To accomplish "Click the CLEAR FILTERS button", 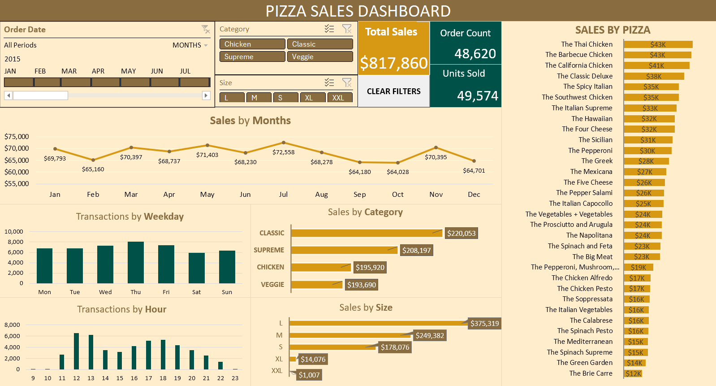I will pos(393,91).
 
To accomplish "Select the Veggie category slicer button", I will pos(319,57).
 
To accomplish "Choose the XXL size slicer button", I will pos(340,98).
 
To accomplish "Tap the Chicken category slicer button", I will pos(252,44).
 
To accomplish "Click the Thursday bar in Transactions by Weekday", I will pos(136,262).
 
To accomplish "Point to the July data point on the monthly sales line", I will pos(284,143).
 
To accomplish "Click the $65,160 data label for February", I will pos(93,169).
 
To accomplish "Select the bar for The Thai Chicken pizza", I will pos(658,44).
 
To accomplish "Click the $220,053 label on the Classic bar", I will pos(461,233).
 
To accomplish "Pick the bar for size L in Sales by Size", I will pos(379,323).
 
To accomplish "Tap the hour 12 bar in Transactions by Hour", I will pos(77,351).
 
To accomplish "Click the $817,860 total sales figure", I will pos(394,63).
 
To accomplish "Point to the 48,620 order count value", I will pos(475,54).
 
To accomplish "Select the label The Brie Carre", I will pos(591,373).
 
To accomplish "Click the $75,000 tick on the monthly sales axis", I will pos(17,137).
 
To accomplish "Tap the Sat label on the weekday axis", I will pos(196,292).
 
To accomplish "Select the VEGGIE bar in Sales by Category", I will pos(317,284).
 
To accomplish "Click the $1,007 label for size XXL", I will pos(309,375).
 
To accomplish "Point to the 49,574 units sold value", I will pos(477,96).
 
